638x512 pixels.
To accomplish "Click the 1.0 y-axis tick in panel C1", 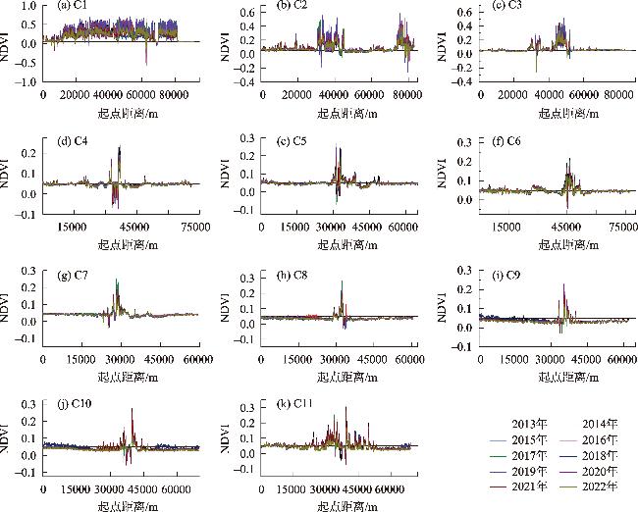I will tap(28, 6).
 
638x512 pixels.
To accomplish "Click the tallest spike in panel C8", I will tap(342, 283).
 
